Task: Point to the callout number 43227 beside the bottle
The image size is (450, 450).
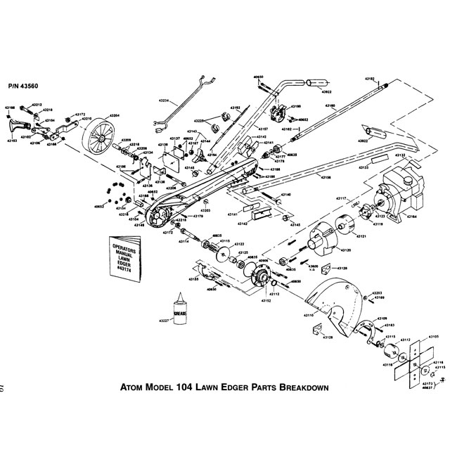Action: [x=164, y=321]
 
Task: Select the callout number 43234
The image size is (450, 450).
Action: [x=165, y=101]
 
